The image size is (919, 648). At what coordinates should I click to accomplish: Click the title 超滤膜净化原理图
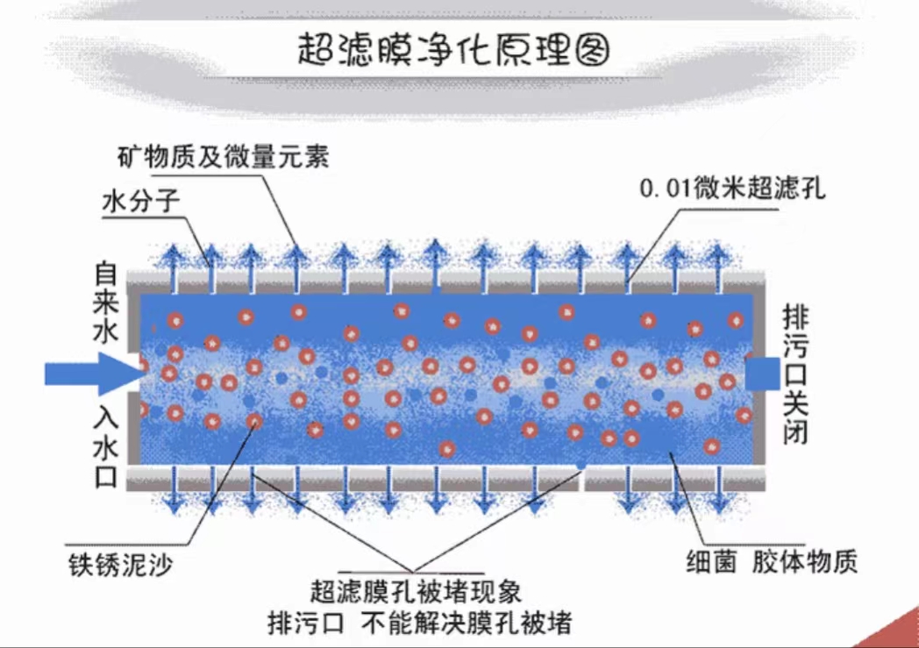tap(452, 51)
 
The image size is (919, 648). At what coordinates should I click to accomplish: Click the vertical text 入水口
tap(105, 452)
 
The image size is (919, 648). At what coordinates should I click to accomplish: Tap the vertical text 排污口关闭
tap(794, 374)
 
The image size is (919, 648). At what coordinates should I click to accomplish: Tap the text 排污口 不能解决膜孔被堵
tap(419, 623)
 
